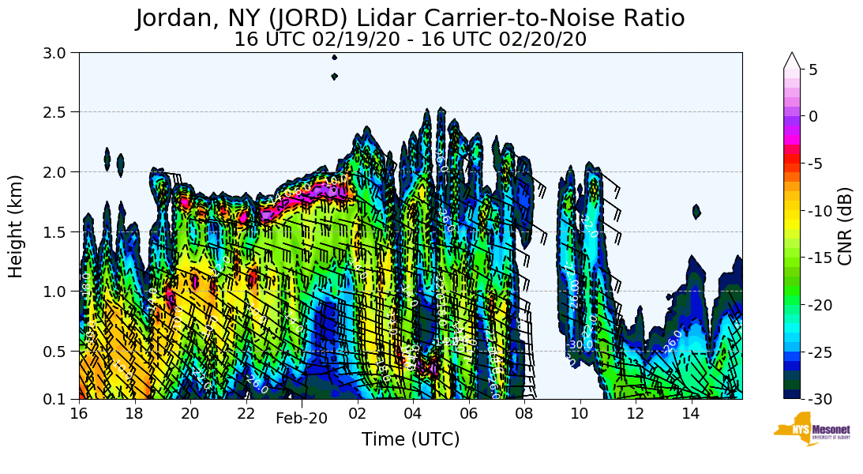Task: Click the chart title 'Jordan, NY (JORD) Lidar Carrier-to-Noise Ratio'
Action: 410,18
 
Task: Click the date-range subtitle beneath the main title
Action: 410,39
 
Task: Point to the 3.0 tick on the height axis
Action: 60,53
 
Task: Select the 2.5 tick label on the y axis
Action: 60,112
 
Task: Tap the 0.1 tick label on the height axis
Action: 60,399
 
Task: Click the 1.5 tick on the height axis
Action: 60,231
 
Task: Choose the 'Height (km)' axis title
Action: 16,226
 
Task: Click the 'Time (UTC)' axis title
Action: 410,439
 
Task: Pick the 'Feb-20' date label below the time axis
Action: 301,419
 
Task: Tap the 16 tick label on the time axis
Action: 79,412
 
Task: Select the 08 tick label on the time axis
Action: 524,412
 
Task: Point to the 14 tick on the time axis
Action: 691,412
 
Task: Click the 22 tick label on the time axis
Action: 246,412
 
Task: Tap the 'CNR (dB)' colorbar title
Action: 845,226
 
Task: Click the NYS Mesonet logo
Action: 805,429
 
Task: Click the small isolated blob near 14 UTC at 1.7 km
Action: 696,212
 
